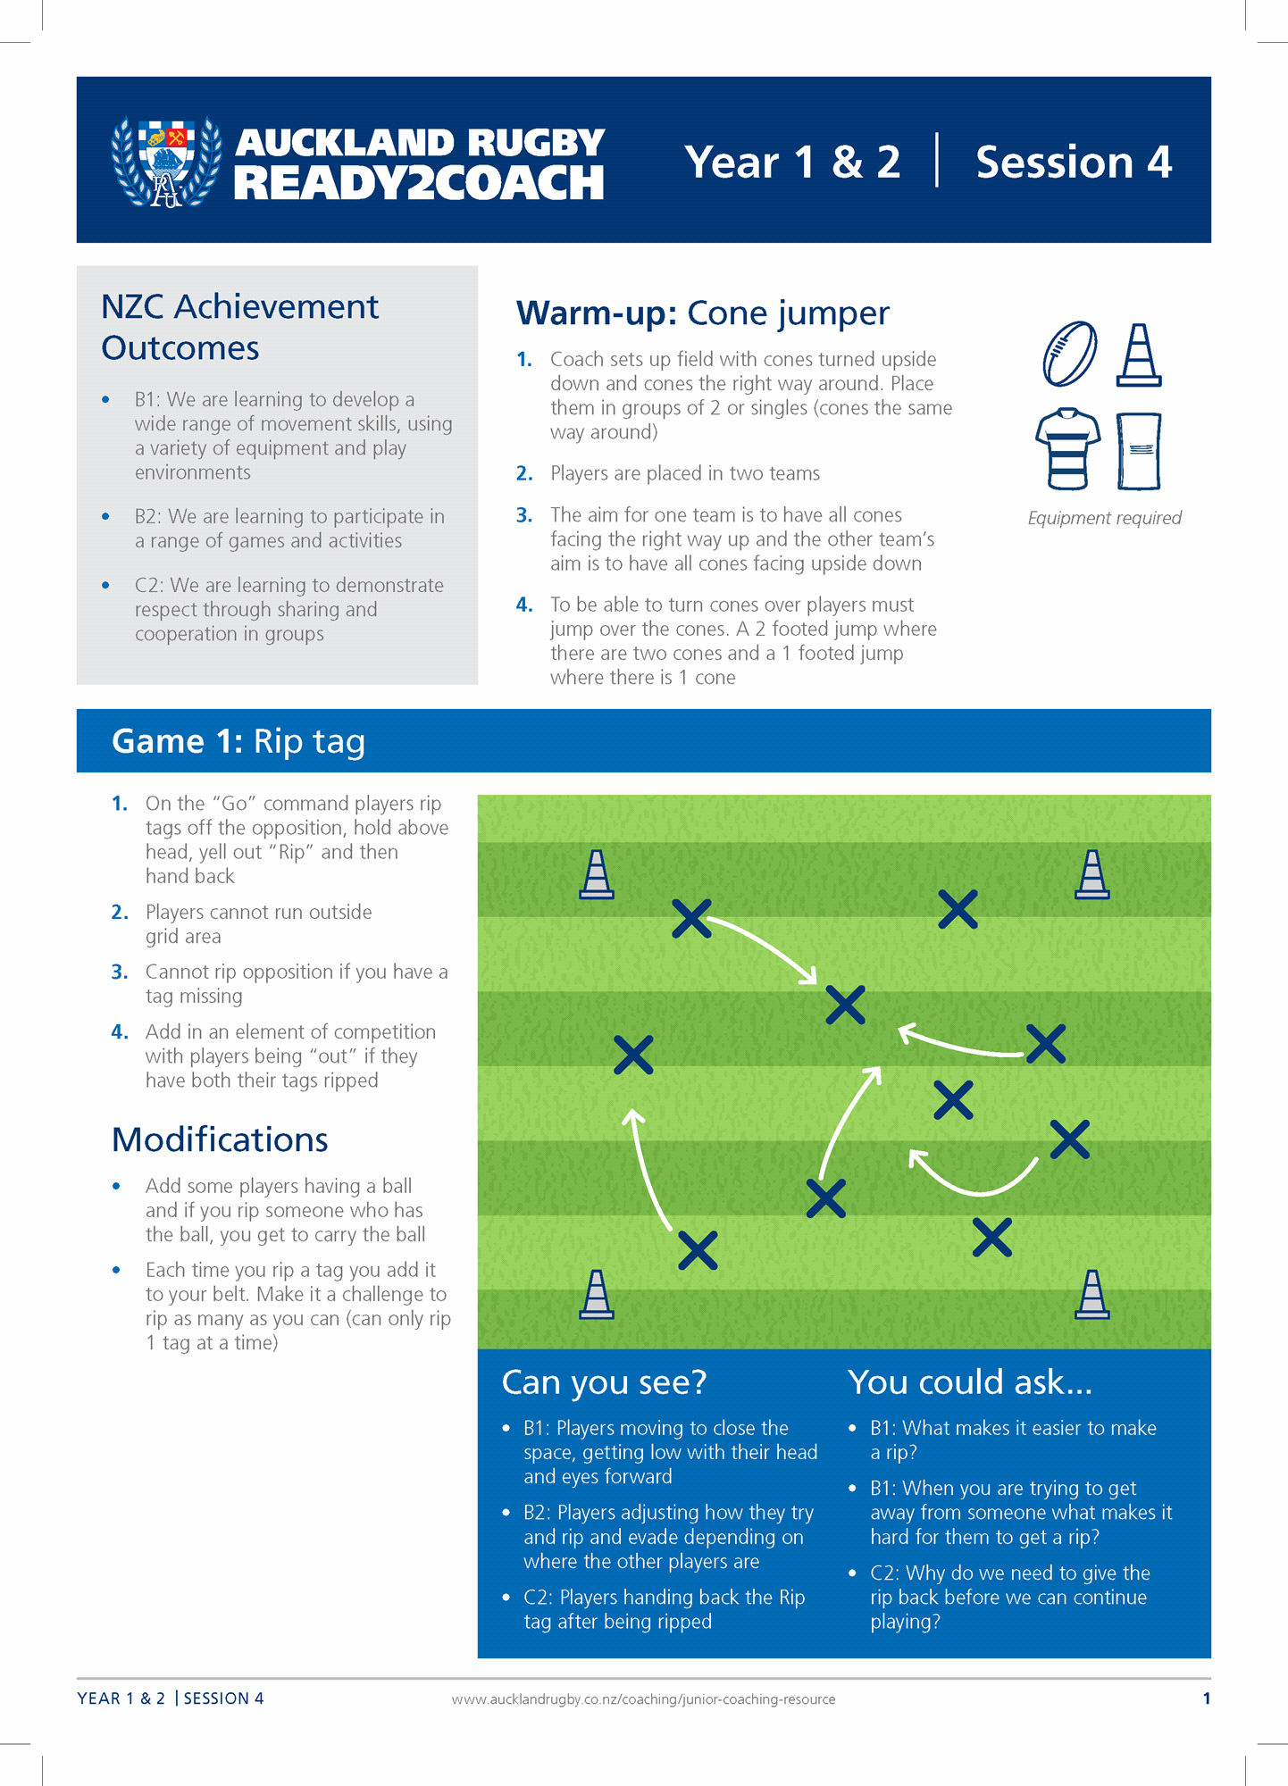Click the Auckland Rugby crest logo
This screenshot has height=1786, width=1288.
point(166,161)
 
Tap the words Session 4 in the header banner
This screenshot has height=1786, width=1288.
point(1074,162)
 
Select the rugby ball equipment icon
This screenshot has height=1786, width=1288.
point(1070,355)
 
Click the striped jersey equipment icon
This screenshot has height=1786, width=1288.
point(1068,449)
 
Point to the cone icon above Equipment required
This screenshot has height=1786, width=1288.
point(1139,355)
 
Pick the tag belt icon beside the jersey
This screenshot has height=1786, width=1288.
point(1139,451)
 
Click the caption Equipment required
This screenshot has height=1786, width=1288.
point(1104,518)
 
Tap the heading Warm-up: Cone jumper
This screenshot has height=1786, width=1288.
point(703,313)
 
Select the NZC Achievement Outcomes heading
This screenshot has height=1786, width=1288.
point(239,327)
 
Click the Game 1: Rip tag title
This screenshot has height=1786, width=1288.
point(238,741)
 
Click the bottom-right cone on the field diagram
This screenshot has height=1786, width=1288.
point(1092,1294)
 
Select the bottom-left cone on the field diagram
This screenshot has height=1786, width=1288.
point(597,1294)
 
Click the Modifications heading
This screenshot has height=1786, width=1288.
point(220,1139)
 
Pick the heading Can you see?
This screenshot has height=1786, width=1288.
point(604,1382)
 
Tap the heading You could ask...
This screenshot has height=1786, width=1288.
point(970,1382)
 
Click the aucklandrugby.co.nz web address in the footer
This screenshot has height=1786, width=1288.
point(643,1699)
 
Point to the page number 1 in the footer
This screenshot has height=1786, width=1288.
point(1207,1698)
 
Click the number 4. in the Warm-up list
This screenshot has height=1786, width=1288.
point(524,605)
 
